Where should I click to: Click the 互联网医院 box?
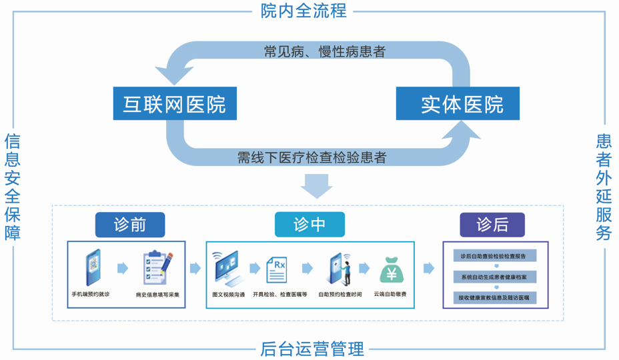pyautogui.click(x=175, y=103)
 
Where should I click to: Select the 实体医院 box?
pyautogui.click(x=458, y=103)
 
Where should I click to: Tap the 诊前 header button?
pyautogui.click(x=130, y=225)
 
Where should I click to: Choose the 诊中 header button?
pyautogui.click(x=309, y=225)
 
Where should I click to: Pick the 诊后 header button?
pyautogui.click(x=492, y=225)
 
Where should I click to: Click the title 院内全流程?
pyautogui.click(x=303, y=11)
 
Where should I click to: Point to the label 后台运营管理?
pyautogui.click(x=312, y=349)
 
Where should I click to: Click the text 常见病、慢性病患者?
pyautogui.click(x=324, y=52)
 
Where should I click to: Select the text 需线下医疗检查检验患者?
pyautogui.click(x=312, y=157)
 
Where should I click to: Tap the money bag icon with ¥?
pyautogui.click(x=392, y=271)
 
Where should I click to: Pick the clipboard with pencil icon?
pyautogui.click(x=157, y=267)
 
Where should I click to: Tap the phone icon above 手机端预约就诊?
pyautogui.click(x=93, y=267)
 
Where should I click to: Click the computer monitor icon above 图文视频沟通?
pyautogui.click(x=227, y=269)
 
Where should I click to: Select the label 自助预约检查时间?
pyautogui.click(x=340, y=294)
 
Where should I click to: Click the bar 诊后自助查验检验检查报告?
pyautogui.click(x=495, y=256)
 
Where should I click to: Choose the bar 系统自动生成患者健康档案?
pyautogui.click(x=495, y=277)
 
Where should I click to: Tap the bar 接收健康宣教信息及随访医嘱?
pyautogui.click(x=495, y=297)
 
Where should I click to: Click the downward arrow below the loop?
pyautogui.click(x=316, y=186)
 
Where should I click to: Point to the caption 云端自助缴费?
pyautogui.click(x=390, y=294)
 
